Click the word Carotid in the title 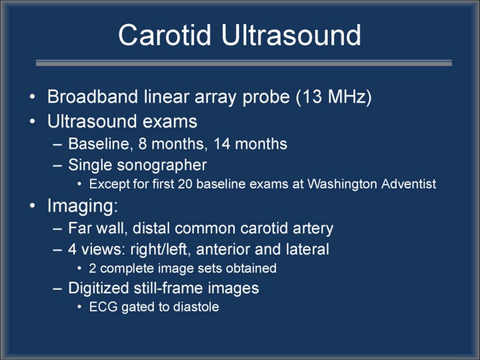[165, 35]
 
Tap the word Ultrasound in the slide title [291, 35]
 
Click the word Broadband [93, 97]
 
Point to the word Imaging [83, 206]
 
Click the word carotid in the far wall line [264, 229]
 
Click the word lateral [307, 249]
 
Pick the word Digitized [99, 289]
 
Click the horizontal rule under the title [244, 63]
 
